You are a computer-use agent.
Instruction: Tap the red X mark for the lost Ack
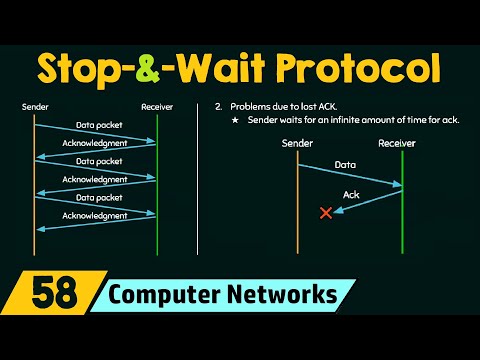coord(325,212)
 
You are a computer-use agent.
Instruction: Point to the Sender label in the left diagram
coord(34,106)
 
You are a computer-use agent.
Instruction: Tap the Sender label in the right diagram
coord(297,142)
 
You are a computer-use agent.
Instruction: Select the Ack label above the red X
coord(351,194)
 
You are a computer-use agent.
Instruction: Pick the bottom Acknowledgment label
coord(95,215)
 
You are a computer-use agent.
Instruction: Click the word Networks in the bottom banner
coord(287,296)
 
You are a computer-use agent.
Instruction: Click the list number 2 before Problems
coord(216,106)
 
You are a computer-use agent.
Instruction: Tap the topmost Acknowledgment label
coord(95,143)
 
